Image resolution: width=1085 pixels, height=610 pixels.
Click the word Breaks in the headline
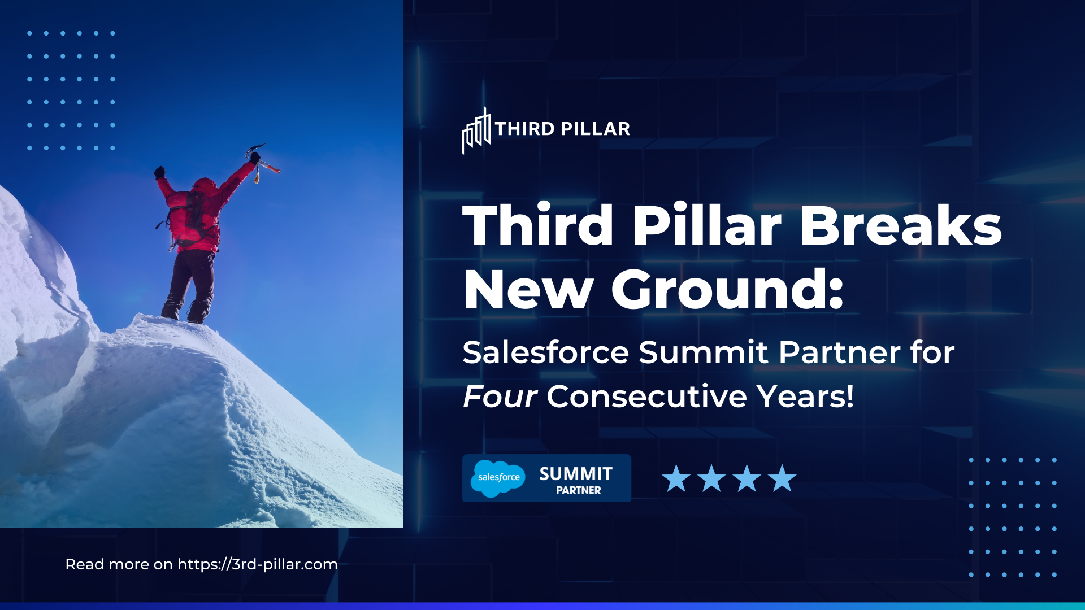click(900, 225)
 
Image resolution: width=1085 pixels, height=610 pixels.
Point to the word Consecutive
click(646, 396)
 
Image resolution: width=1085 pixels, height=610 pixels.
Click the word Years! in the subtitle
click(806, 396)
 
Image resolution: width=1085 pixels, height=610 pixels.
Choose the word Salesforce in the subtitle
click(545, 352)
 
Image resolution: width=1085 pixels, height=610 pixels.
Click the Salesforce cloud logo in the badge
click(498, 478)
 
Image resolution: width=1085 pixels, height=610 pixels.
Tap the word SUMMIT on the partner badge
click(576, 473)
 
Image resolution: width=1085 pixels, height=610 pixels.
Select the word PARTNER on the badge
click(578, 490)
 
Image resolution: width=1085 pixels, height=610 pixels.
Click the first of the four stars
click(676, 478)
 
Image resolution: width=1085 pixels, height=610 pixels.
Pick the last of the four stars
click(782, 478)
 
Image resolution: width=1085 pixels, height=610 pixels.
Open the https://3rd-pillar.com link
click(258, 564)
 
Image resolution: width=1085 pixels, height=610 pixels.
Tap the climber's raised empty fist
click(159, 172)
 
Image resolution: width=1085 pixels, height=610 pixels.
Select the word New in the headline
click(527, 290)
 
